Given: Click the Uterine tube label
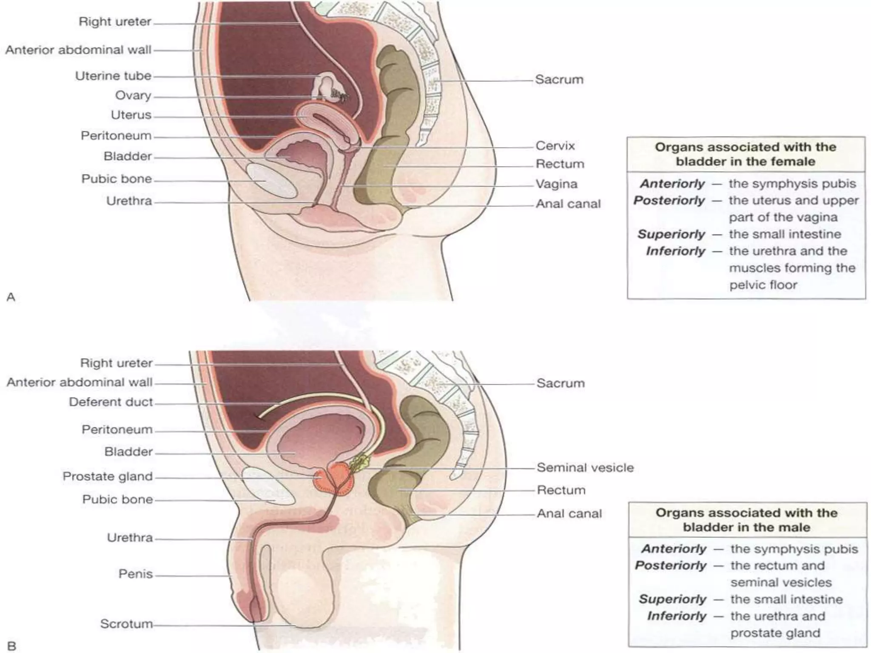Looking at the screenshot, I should tap(113, 76).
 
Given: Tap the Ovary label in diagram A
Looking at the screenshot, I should tap(133, 96).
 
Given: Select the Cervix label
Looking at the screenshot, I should tap(555, 146).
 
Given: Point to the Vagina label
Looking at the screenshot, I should tap(556, 184).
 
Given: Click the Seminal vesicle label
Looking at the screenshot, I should tap(585, 468).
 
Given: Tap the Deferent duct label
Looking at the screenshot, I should tap(111, 402).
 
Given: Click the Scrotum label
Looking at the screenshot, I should tap(126, 624).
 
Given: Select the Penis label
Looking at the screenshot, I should tap(135, 574).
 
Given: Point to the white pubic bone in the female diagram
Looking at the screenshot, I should tap(271, 181).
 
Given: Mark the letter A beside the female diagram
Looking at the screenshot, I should tap(11, 297).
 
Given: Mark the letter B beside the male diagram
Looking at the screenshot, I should tap(11, 646).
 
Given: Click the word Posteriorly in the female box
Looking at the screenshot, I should tap(669, 201).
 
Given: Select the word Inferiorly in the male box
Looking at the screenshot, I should tap(677, 616).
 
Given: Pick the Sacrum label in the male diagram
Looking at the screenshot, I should tap(560, 383).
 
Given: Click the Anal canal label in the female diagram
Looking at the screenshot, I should tap(568, 204).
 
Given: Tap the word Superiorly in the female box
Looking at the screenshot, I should tap(671, 234).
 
